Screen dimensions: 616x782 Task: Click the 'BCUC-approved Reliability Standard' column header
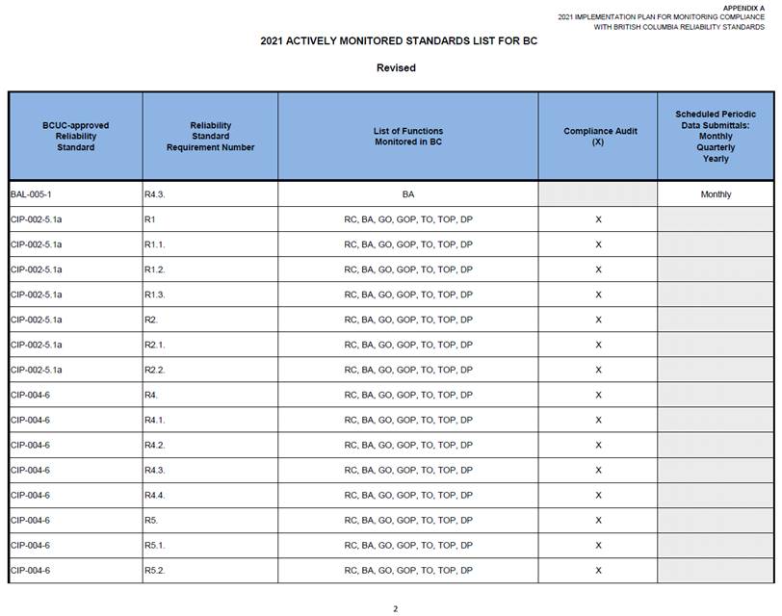click(75, 137)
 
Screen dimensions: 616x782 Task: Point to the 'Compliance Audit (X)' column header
click(597, 137)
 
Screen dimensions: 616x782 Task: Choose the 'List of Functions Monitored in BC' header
click(408, 137)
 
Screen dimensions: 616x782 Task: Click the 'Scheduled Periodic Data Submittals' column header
click(716, 137)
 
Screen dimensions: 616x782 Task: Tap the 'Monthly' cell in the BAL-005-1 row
click(716, 194)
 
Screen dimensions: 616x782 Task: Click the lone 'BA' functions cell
click(408, 194)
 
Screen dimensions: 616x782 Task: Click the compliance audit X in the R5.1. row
click(598, 545)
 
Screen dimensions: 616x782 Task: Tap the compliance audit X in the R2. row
click(598, 320)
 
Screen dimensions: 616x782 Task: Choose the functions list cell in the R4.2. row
click(408, 445)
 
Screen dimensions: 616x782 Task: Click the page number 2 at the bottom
click(395, 608)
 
